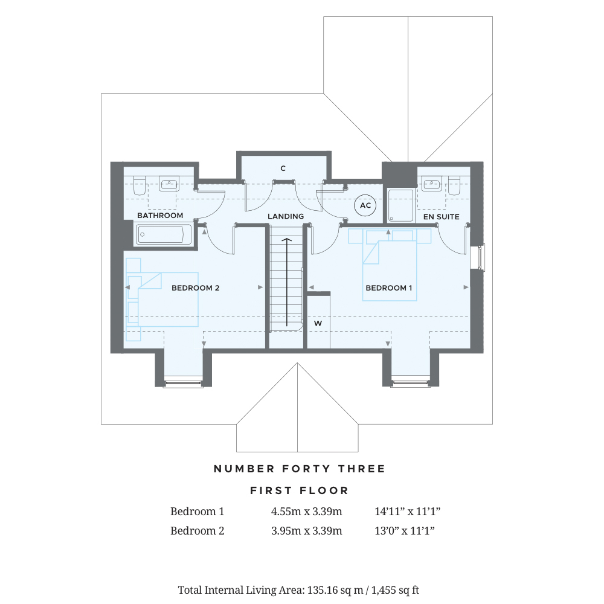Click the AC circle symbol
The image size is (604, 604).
pyautogui.click(x=365, y=205)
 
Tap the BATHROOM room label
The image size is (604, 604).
pyautogui.click(x=160, y=216)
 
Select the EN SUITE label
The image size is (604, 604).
pyautogui.click(x=441, y=216)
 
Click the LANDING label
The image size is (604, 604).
pyautogui.click(x=286, y=216)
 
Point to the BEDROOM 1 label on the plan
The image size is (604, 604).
pyautogui.click(x=389, y=288)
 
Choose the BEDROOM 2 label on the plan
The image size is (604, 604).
pyautogui.click(x=195, y=288)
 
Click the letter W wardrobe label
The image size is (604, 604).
pyautogui.click(x=318, y=324)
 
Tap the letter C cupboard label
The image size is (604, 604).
pyautogui.click(x=283, y=169)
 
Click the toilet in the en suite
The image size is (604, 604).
pyautogui.click(x=454, y=185)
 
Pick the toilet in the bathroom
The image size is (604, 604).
pyautogui.click(x=140, y=185)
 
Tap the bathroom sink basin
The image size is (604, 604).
pyautogui.click(x=168, y=184)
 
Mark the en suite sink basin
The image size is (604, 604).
pyautogui.click(x=432, y=184)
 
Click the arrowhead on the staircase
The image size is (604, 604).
pyautogui.click(x=286, y=241)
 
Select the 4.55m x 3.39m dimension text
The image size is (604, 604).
pyautogui.click(x=307, y=512)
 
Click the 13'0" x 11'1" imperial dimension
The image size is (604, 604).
pyautogui.click(x=405, y=531)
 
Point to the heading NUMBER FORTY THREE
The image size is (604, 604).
pyautogui.click(x=300, y=469)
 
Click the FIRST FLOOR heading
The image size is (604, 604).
pyautogui.click(x=300, y=490)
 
